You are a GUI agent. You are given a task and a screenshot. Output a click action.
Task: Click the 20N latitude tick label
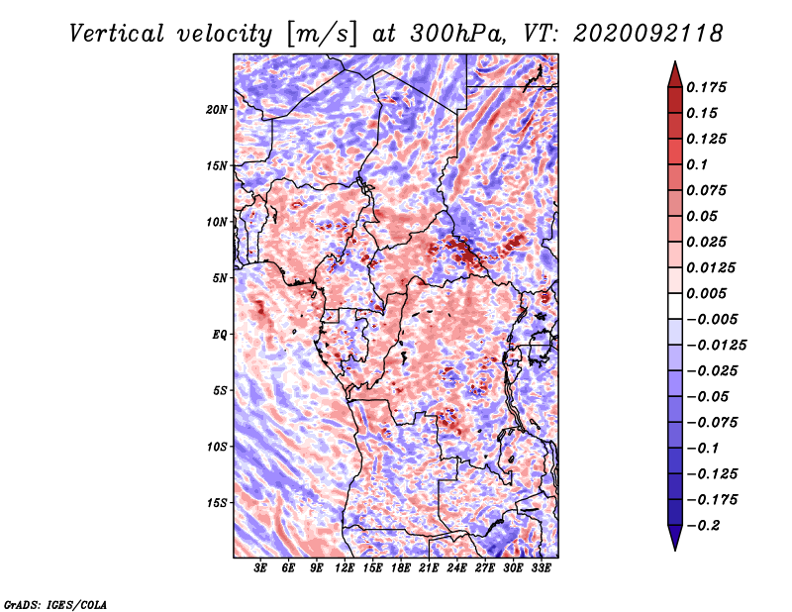click(217, 109)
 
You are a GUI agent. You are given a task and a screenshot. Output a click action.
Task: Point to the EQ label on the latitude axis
click(220, 335)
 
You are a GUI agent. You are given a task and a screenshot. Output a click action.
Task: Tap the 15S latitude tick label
click(217, 503)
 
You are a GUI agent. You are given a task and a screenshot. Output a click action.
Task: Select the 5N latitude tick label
click(220, 278)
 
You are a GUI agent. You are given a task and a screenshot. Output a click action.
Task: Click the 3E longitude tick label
click(260, 568)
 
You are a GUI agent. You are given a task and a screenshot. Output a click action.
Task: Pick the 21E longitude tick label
click(429, 568)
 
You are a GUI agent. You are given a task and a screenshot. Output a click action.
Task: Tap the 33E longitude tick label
click(541, 568)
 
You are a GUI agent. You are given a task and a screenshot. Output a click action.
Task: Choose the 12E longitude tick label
click(344, 568)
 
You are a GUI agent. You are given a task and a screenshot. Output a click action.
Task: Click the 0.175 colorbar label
click(706, 87)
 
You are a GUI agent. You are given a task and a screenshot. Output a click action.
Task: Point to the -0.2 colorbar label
click(703, 526)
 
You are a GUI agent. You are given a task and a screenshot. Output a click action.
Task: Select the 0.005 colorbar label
click(706, 293)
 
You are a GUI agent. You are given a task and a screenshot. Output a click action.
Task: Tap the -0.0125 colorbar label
click(716, 346)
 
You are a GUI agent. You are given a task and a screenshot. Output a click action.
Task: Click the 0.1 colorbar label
click(697, 164)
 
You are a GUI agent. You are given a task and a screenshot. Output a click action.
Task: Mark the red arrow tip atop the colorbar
click(675, 61)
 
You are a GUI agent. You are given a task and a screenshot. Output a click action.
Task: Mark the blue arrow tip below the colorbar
click(675, 550)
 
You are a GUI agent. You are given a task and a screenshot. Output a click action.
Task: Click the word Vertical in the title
click(116, 34)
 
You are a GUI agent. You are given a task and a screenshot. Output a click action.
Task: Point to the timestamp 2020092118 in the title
click(648, 34)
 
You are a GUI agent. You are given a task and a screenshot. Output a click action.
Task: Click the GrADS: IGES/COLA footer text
click(55, 604)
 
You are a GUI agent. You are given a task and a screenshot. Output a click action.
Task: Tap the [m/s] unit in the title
click(322, 35)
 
